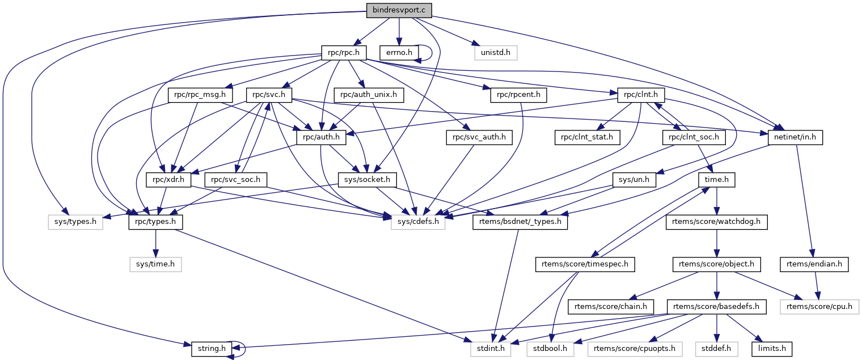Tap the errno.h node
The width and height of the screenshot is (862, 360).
point(399,53)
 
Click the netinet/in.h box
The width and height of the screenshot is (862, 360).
point(795,137)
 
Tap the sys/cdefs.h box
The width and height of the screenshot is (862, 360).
point(418,222)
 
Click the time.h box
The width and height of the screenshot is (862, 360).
point(716,180)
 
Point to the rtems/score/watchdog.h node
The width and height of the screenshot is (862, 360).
point(716,222)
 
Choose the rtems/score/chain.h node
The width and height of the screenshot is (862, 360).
point(611,307)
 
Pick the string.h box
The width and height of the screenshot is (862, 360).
point(209,348)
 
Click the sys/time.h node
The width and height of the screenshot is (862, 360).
point(156,264)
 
